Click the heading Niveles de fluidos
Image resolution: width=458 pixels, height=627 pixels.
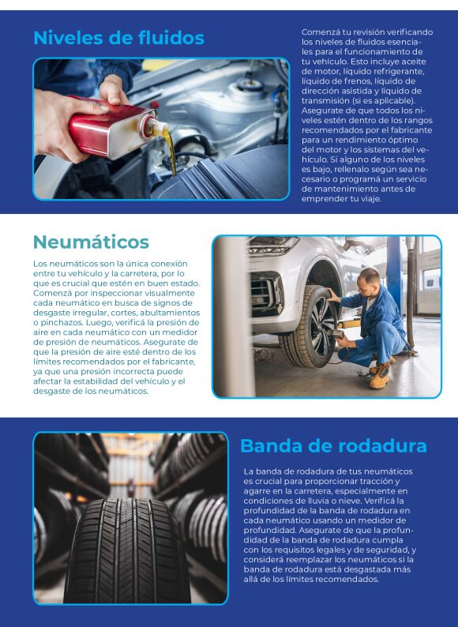(118, 38)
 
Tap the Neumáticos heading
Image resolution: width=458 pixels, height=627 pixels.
(91, 242)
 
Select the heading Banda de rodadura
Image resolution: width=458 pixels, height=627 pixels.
(333, 446)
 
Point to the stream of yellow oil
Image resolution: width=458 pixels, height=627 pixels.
(170, 150)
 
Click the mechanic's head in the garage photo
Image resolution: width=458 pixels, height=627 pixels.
(369, 280)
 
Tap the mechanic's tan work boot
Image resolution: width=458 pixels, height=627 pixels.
(380, 376)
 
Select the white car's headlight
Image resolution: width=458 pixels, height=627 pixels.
(273, 244)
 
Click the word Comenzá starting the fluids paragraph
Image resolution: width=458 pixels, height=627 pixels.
(318, 32)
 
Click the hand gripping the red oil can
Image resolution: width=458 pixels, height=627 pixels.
(62, 124)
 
